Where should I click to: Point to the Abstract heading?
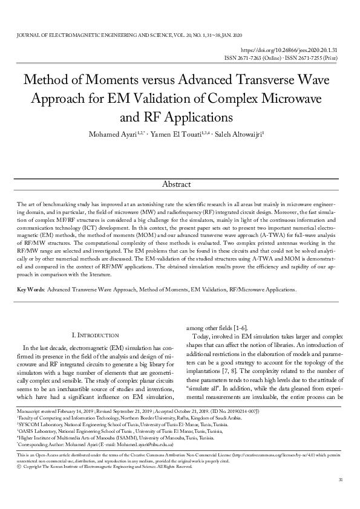pos(180,184)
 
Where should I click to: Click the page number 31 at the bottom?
pos(340,496)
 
